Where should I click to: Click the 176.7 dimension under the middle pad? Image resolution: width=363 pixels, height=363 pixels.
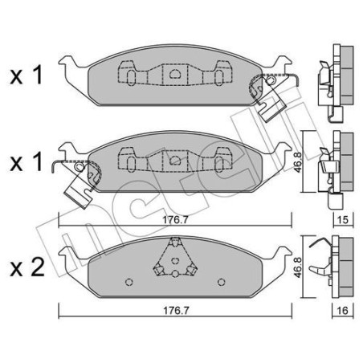173,211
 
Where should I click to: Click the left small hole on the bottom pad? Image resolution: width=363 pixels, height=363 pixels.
130,282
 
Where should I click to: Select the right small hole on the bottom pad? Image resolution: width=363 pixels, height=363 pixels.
219,282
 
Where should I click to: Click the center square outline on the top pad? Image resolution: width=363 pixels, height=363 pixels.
175,72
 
